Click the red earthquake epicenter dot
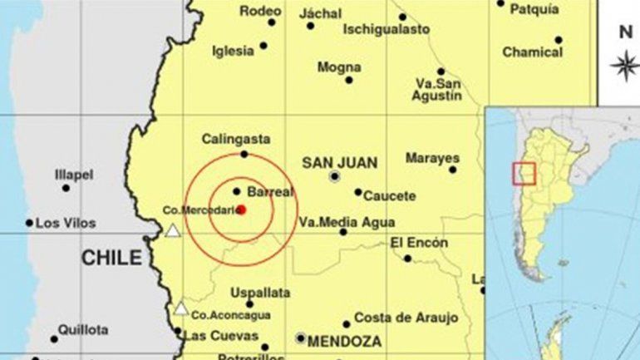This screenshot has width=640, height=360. [x=241, y=210]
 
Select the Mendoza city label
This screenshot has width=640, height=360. [x=344, y=341]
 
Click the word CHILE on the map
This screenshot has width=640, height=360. [x=111, y=259]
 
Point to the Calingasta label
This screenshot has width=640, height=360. [x=236, y=140]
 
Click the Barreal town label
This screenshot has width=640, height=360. [x=271, y=192]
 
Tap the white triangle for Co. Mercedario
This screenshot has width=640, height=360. [x=173, y=230]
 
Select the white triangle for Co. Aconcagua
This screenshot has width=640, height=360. [x=180, y=308]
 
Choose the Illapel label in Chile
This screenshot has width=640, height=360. [x=74, y=175]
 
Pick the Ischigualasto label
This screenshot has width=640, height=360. [x=386, y=29]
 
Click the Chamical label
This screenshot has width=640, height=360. [x=532, y=52]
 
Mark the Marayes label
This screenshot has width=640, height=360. [x=432, y=157]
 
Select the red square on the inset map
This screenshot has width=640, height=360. [x=524, y=173]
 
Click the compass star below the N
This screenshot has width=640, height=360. [x=624, y=66]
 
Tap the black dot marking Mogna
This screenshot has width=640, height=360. [x=349, y=80]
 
